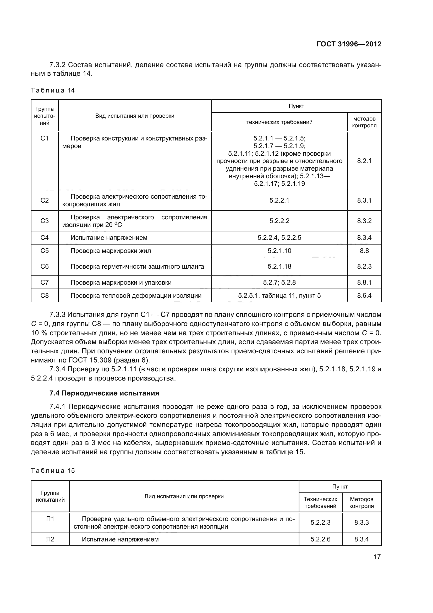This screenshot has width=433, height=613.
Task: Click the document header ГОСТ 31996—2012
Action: click(x=349, y=44)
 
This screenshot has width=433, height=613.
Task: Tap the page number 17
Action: click(x=377, y=557)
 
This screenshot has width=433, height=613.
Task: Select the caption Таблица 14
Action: click(x=53, y=90)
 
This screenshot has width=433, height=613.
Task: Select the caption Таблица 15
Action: click(x=53, y=470)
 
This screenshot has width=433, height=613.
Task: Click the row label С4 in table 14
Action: click(x=45, y=238)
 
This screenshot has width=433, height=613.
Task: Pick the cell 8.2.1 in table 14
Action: click(x=364, y=161)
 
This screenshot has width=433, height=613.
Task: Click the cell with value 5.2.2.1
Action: click(x=279, y=200)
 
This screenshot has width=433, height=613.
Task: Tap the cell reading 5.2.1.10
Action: click(x=279, y=251)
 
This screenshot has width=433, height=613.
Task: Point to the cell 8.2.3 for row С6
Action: click(x=364, y=267)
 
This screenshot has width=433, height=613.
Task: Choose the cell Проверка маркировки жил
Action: click(x=111, y=251)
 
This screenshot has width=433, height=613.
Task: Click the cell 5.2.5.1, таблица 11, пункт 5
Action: click(x=279, y=296)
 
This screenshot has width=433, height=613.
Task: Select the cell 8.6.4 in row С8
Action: click(x=364, y=296)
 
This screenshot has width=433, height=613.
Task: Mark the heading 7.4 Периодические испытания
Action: click(x=104, y=393)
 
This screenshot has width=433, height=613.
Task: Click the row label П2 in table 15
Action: click(x=50, y=539)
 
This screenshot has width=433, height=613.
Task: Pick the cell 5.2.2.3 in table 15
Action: click(x=320, y=523)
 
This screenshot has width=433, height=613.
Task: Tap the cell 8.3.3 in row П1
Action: click(x=361, y=523)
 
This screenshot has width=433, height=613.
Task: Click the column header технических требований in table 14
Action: click(x=279, y=122)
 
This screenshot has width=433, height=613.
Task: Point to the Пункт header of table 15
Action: click(x=340, y=486)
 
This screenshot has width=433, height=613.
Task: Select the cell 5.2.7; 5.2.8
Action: click(x=279, y=283)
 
